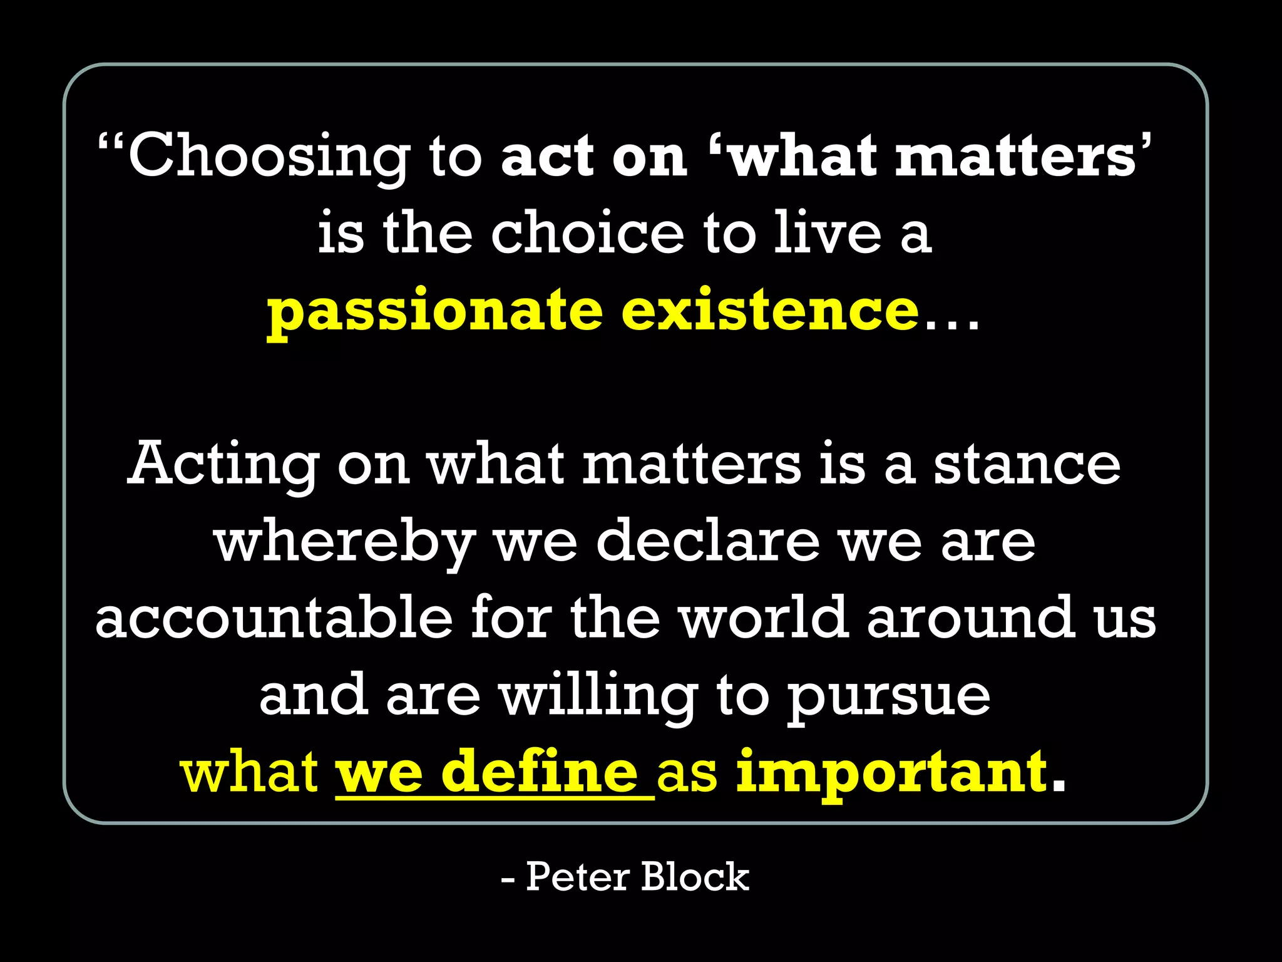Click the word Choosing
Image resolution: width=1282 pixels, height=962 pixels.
(x=269, y=157)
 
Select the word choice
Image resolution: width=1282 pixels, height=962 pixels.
(x=587, y=233)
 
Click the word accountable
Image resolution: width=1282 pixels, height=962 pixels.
(x=274, y=618)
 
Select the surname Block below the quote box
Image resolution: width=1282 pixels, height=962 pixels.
(x=695, y=877)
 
